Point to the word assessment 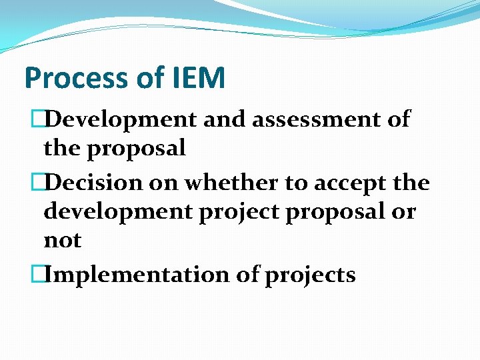point(313,120)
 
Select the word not point(63,240)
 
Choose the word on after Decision point(165,182)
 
